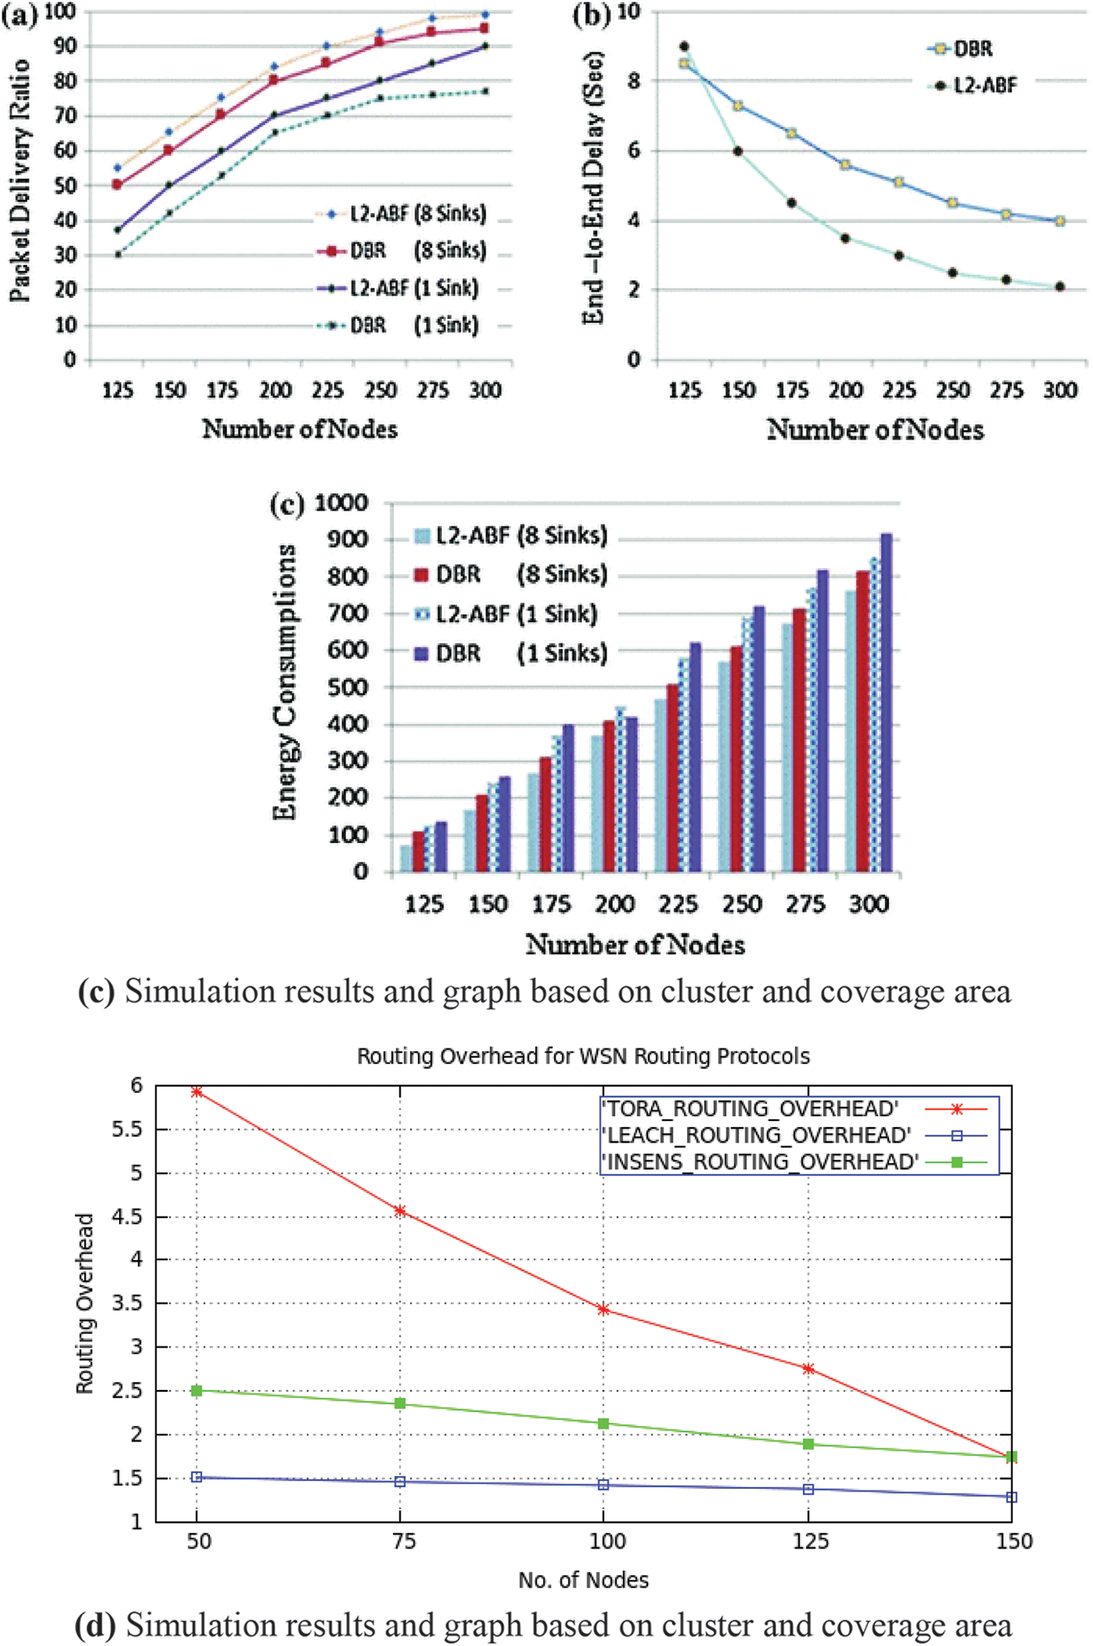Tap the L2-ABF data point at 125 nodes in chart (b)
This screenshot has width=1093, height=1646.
coord(684,47)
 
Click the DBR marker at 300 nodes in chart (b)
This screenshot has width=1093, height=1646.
coord(1060,221)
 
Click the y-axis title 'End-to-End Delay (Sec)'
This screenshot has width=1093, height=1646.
coord(594,187)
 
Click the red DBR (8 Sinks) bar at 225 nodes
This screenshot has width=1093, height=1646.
coord(672,778)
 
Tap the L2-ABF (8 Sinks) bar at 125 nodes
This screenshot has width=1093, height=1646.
coord(406,858)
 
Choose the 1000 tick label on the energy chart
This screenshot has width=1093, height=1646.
coord(341,503)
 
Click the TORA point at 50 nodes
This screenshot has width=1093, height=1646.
coord(197,1092)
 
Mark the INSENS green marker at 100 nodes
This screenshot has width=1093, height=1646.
coord(604,1424)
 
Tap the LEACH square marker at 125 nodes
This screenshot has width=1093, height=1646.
coord(808,1489)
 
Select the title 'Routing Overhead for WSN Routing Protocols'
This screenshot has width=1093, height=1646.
coord(583,1056)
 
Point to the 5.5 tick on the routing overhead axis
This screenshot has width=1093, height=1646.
coord(128,1129)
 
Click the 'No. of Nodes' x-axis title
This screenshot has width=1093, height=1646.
coord(583,1580)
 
